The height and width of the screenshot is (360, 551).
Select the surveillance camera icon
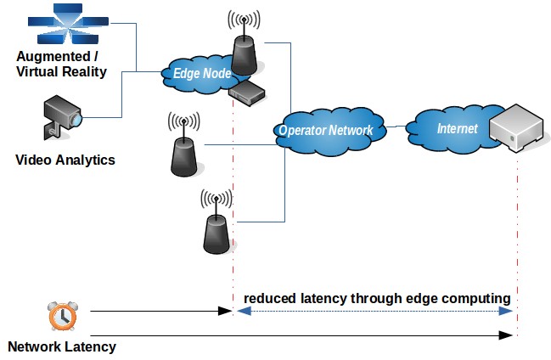63,117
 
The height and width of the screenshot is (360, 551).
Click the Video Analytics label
65,160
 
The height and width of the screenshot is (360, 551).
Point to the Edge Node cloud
202,74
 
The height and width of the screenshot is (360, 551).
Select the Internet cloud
450,129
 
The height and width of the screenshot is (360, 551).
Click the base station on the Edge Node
245,48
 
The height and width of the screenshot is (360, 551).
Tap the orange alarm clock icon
60,315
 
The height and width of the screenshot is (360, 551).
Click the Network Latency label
61,346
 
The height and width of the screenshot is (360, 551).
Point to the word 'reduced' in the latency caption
269,299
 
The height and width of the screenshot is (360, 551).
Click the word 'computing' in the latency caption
479,299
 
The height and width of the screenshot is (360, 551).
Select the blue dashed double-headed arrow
374,312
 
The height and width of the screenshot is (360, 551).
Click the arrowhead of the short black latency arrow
227,312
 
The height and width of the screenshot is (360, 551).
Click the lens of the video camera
76,119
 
